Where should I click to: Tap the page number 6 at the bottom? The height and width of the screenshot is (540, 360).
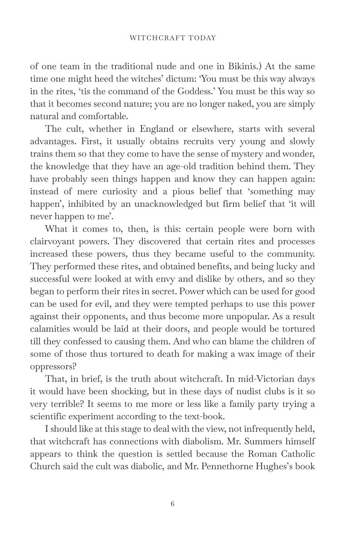[x=180, y=491]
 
